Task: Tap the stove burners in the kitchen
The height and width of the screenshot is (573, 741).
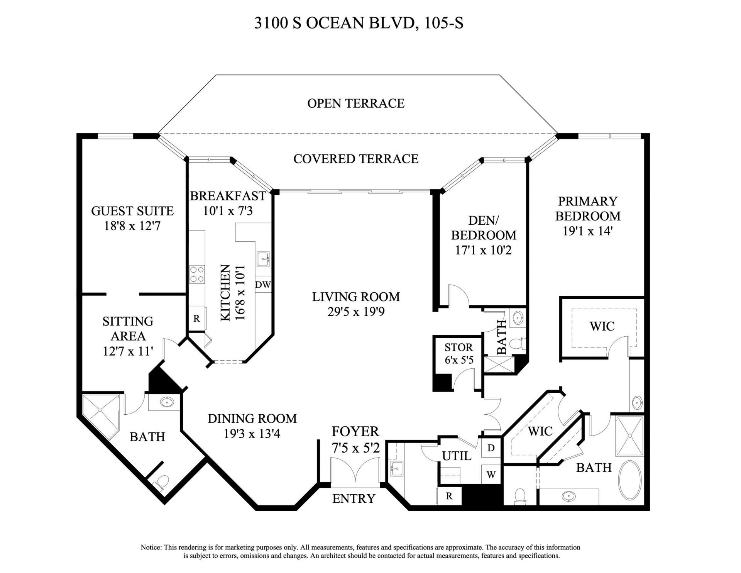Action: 197,275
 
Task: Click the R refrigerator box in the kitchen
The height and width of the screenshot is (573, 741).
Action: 197,319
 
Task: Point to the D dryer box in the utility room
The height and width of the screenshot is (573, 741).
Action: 491,448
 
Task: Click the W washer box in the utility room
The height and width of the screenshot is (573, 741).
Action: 491,475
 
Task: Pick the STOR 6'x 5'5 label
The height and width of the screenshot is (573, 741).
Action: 458,353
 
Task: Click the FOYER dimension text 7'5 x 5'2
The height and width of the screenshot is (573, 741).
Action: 355,448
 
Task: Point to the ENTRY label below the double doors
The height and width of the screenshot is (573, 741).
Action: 354,498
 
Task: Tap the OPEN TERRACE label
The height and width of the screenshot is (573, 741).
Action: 356,103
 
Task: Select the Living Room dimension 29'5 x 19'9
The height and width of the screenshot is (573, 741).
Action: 356,312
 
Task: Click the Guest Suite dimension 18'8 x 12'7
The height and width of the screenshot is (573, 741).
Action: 132,226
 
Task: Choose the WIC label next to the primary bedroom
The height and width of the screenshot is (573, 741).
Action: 602,326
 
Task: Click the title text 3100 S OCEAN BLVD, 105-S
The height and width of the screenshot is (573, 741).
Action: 359,23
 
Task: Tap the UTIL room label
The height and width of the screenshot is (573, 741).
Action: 457,456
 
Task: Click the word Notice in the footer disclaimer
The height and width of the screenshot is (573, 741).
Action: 151,548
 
